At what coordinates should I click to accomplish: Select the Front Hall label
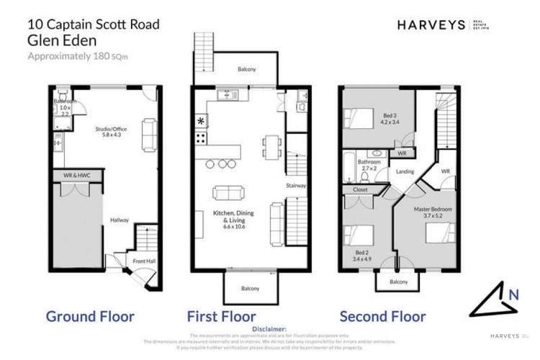coord(140,261)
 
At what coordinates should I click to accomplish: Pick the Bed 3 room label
coord(390,120)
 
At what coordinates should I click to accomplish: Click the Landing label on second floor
coord(405,171)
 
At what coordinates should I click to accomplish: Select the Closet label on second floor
coord(360,190)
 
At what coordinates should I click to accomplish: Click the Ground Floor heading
coord(90,315)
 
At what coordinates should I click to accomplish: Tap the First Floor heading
coord(222,315)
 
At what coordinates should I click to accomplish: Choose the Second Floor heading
coord(382,315)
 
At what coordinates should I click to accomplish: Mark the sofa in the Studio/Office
coord(148,132)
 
